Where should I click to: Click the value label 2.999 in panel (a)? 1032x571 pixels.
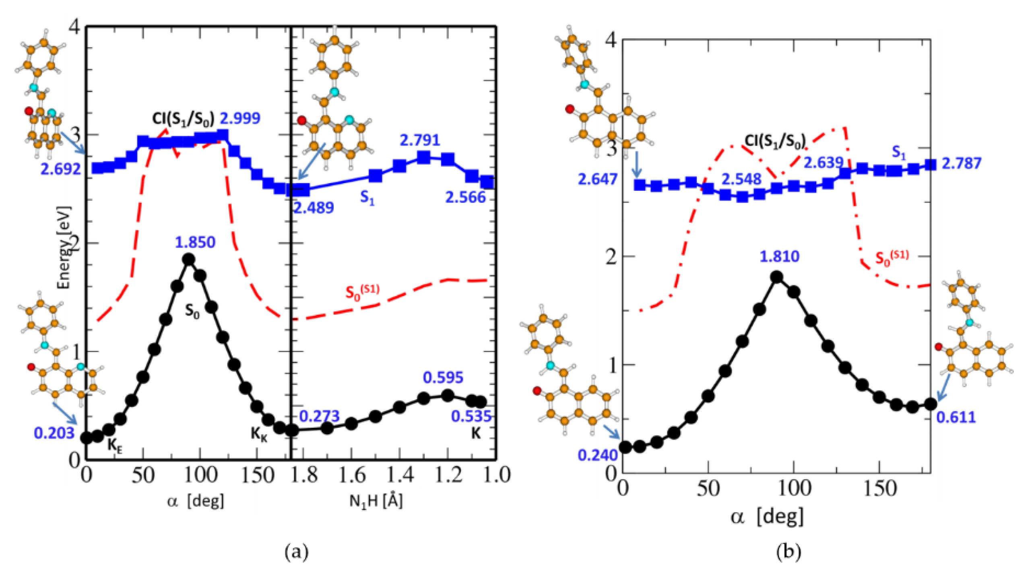point(240,118)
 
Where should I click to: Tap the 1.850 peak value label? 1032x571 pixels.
point(195,242)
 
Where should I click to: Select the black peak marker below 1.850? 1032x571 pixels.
point(188,259)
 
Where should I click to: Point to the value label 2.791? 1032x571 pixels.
point(419,140)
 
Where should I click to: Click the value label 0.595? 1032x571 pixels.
point(443,377)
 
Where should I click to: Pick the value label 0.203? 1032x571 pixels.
point(54,433)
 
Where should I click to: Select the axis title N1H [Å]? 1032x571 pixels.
point(376,501)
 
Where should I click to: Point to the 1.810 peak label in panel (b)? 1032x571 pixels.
point(779,256)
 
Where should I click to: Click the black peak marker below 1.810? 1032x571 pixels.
point(776,277)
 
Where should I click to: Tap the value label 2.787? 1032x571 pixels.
point(961,163)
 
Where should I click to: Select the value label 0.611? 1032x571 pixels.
point(956,417)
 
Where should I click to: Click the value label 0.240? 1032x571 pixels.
point(597,455)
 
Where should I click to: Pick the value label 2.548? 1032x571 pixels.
point(741,179)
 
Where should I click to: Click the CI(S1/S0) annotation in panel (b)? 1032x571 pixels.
point(775,141)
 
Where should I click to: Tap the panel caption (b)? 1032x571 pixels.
point(788,552)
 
